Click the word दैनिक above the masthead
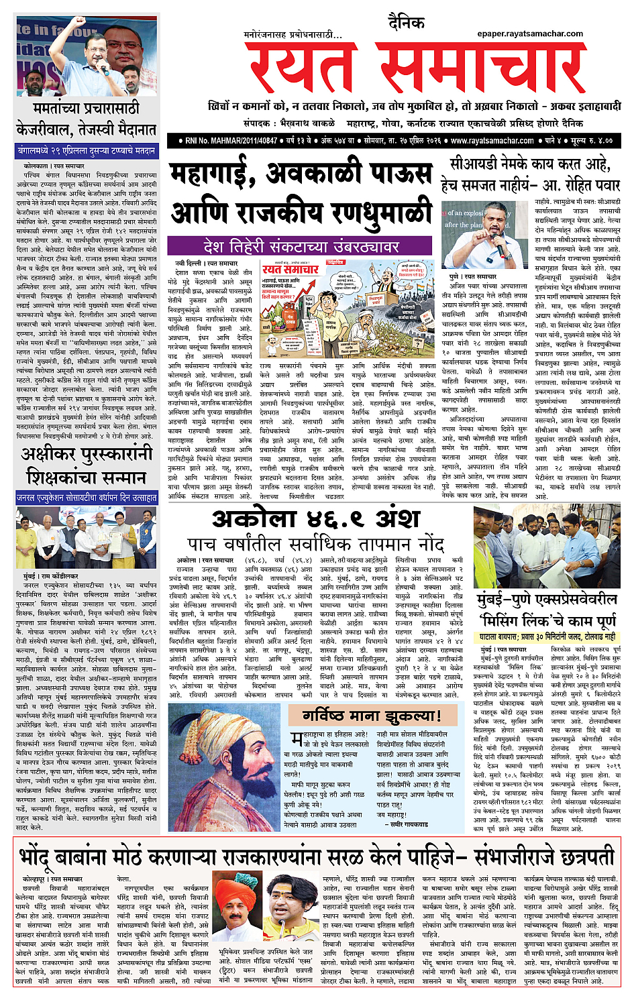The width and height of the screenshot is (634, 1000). click(x=406, y=23)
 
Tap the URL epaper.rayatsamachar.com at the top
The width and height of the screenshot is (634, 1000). click(x=530, y=34)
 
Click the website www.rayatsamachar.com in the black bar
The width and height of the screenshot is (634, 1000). click(x=492, y=141)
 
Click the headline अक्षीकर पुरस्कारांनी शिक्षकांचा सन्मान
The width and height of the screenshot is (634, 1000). click(x=86, y=467)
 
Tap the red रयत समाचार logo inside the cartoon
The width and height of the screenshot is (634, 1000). click(x=290, y=269)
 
